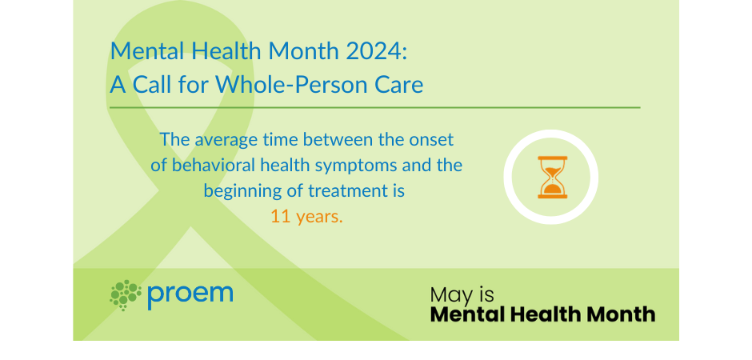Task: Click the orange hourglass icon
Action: pos(551,176)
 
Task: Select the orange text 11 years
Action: pos(306,217)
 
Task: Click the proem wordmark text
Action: pos(190,293)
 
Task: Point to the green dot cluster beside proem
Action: pos(126,294)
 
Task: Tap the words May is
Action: pos(461,294)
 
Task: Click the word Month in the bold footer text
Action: pos(619,314)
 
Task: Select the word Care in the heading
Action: pos(394,83)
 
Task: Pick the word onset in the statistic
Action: pos(432,139)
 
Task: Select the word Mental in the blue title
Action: pos(141,51)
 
